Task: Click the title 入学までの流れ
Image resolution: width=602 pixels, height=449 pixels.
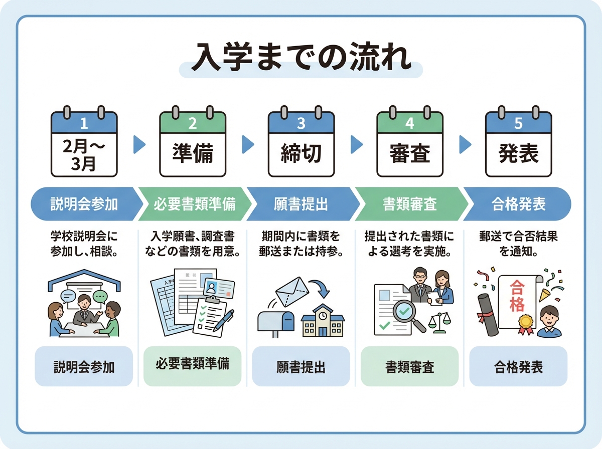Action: tap(301, 59)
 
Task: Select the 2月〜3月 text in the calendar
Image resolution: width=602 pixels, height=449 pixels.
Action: tap(84, 155)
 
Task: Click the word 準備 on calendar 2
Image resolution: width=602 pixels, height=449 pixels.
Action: tap(193, 154)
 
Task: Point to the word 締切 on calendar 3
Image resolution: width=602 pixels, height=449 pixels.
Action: tap(301, 154)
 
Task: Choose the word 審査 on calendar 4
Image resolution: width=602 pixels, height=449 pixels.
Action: tap(409, 154)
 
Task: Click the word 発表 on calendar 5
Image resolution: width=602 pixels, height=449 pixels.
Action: tap(518, 154)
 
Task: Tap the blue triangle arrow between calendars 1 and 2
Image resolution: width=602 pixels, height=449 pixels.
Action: tap(139, 145)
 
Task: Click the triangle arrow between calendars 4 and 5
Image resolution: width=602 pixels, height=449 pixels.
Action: tap(465, 145)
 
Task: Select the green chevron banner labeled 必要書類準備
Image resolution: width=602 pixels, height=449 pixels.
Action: tap(194, 204)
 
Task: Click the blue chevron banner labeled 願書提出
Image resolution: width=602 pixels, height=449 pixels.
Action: tap(301, 204)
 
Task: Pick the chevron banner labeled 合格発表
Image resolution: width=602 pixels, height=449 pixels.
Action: tap(518, 204)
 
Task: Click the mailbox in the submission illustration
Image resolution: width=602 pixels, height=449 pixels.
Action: tap(275, 321)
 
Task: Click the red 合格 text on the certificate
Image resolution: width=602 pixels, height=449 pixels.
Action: tap(516, 296)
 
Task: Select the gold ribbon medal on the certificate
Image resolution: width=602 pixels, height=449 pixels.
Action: tap(525, 322)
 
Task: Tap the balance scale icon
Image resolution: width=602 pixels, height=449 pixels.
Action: tap(440, 321)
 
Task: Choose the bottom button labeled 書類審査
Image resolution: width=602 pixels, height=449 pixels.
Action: tap(409, 367)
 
